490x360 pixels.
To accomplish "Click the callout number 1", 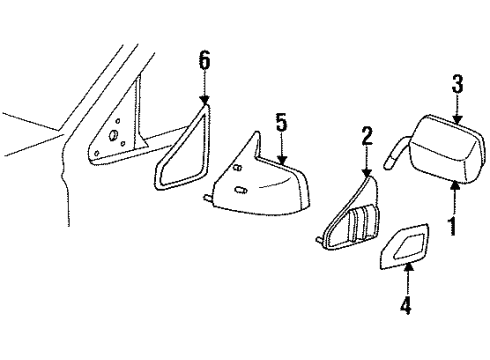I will [x=453, y=226].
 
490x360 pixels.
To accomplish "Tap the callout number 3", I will [x=457, y=85].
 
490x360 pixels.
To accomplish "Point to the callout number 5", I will [x=282, y=123].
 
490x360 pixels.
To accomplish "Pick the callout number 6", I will [x=204, y=61].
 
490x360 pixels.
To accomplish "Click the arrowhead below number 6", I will [x=204, y=101].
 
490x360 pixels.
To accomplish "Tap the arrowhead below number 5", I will [x=282, y=160].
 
